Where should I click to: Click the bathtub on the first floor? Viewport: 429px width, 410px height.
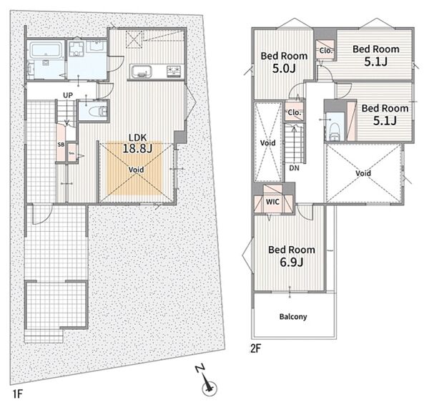tap(45, 50)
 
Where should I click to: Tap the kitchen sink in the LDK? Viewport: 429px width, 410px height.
tap(142, 72)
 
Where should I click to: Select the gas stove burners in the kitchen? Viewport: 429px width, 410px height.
tap(174, 72)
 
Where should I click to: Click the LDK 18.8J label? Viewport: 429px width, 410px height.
tap(137, 143)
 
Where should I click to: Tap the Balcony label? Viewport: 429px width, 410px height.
tap(293, 317)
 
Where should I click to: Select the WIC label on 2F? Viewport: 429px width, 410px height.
tap(272, 202)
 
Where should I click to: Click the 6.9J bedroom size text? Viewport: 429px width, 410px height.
tap(292, 263)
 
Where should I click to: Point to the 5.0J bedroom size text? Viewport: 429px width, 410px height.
tap(284, 69)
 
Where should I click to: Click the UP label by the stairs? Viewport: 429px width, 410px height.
tap(68, 95)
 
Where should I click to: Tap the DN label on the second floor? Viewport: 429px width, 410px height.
tap(294, 168)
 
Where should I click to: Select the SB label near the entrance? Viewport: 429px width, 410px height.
tap(61, 145)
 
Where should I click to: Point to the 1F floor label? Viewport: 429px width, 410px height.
tap(16, 394)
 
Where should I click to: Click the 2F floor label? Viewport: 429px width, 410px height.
tap(256, 348)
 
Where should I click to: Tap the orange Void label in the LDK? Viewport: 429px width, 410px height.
tap(137, 170)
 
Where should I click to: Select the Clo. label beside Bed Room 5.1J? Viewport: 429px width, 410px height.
tap(326, 51)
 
